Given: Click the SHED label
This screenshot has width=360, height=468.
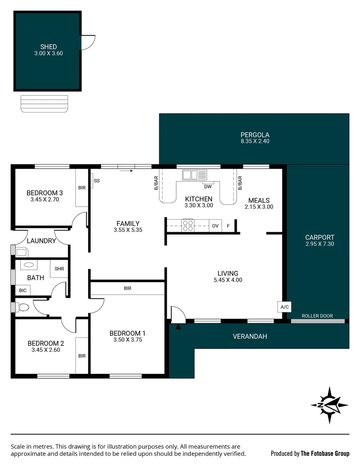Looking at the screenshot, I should point(49,47).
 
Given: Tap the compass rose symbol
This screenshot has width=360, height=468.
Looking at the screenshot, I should point(329,405).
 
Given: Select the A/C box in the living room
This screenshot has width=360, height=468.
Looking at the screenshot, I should point(285,307).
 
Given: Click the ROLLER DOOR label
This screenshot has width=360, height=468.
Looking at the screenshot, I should point(317,316).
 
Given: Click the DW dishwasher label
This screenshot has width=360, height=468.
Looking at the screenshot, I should point(208,186).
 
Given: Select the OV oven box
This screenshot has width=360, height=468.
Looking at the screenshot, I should point(215,226).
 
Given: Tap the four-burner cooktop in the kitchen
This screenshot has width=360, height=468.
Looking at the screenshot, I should point(188,226).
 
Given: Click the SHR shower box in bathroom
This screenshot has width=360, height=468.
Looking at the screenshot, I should point(59,269).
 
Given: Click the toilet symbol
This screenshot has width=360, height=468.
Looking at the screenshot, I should point(23,307).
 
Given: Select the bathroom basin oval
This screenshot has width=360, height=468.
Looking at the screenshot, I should point(29,264).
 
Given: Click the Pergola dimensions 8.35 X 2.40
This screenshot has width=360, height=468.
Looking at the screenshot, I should point(255,141).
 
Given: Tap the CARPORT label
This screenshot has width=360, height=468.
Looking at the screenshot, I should point(319,237).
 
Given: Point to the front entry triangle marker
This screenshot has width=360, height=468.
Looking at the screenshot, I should point(178,327).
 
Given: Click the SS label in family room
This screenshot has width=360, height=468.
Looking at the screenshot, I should point(97,180).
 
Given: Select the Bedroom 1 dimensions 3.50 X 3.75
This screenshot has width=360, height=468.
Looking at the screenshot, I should point(128,340).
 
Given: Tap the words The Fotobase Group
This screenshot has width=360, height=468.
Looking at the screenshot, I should point(325,453).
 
